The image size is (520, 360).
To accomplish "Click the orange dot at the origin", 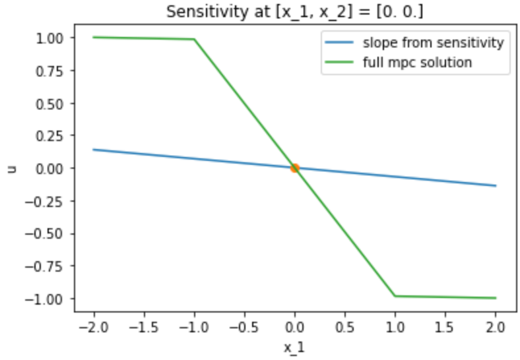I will point(295,168).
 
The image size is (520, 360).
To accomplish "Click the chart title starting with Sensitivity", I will point(294,11).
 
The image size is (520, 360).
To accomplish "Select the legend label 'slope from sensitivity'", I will point(433,44).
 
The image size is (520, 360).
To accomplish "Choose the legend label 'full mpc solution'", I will point(416,63).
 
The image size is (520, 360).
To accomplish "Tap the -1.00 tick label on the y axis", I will point(49,299).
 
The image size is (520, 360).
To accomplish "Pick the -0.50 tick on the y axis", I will point(49,233).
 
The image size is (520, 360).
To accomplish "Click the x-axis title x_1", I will point(294,347).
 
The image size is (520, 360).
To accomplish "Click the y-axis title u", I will point(11,168).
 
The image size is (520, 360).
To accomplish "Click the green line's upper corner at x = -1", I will point(194,40).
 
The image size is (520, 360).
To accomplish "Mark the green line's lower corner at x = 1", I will point(395,296).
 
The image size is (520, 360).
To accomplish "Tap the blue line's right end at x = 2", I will point(496,186).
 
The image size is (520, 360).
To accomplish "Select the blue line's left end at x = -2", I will point(94,150).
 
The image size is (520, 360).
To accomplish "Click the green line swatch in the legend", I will point(340,63).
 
